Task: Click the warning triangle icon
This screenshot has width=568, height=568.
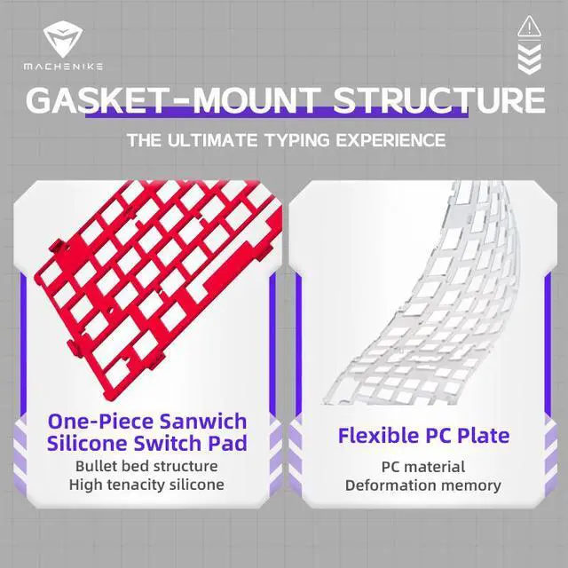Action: click(529, 27)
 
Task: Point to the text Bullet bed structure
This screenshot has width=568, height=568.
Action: click(146, 465)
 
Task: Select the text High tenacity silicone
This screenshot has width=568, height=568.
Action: click(146, 485)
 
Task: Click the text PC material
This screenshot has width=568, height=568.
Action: click(422, 466)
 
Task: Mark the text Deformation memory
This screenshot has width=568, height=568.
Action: click(422, 485)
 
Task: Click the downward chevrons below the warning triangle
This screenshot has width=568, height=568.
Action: click(529, 58)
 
